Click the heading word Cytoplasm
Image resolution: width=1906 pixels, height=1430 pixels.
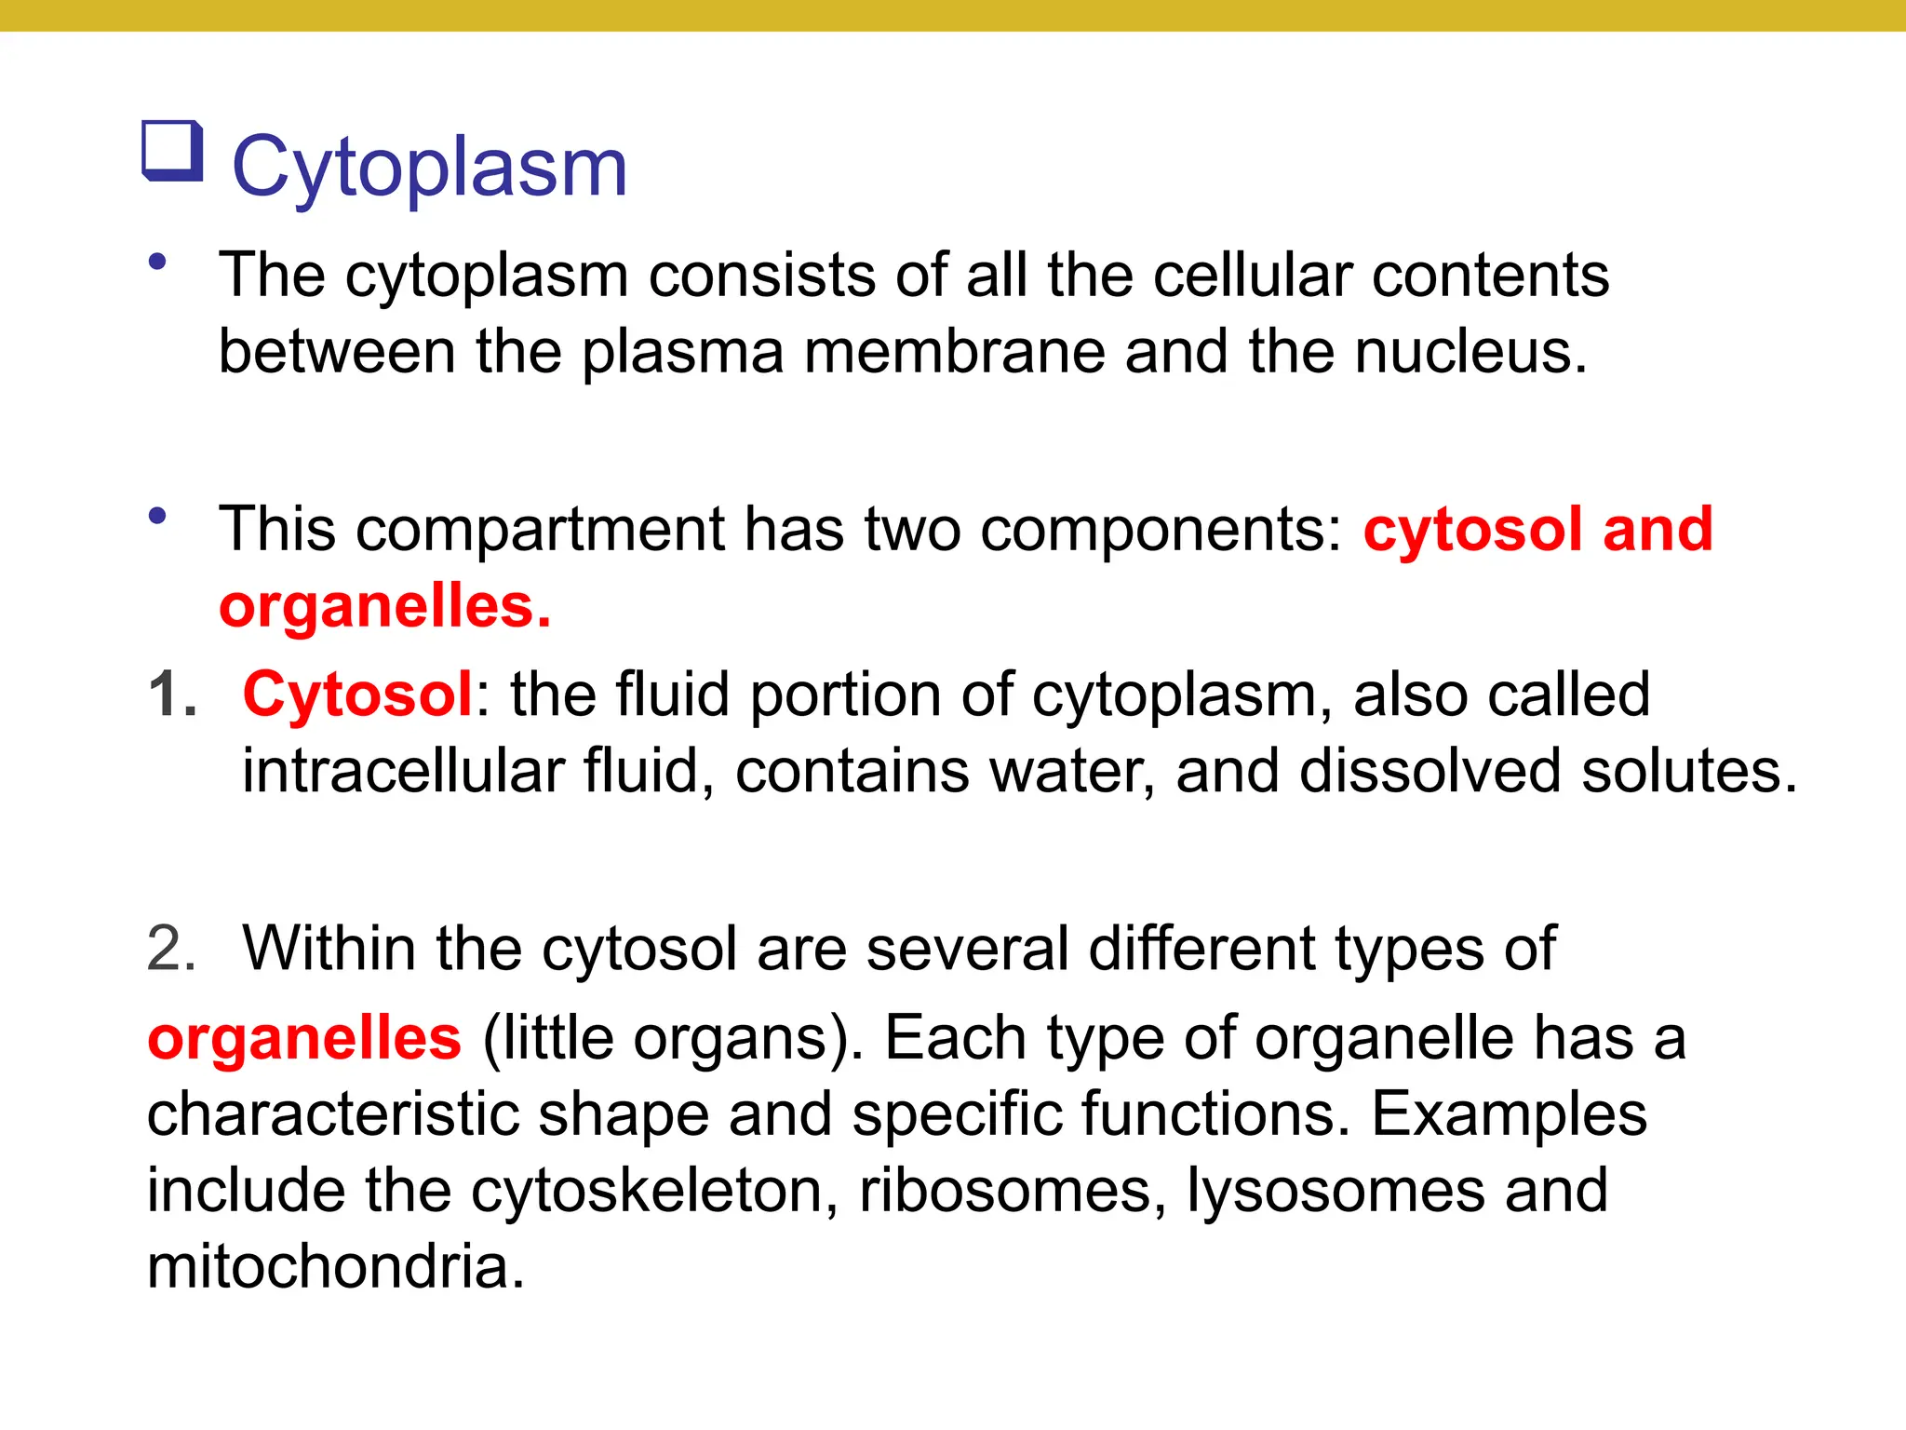429,168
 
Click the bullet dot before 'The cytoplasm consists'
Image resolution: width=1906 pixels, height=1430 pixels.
157,262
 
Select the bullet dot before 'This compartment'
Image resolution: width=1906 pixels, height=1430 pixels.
157,515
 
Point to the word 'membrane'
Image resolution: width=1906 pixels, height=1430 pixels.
953,352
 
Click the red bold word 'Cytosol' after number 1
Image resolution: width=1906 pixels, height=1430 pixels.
357,695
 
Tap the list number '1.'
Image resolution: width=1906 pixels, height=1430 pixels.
173,695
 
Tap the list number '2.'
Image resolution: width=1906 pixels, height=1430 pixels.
171,949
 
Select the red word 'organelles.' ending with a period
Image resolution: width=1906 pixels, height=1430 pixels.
385,607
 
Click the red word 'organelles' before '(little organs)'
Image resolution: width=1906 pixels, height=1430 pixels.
304,1037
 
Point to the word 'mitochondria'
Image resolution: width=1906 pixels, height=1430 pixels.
335,1266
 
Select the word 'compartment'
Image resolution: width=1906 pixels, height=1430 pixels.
539,529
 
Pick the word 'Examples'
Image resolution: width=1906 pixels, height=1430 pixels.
1509,1113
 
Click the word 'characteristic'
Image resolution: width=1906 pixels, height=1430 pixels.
332,1113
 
